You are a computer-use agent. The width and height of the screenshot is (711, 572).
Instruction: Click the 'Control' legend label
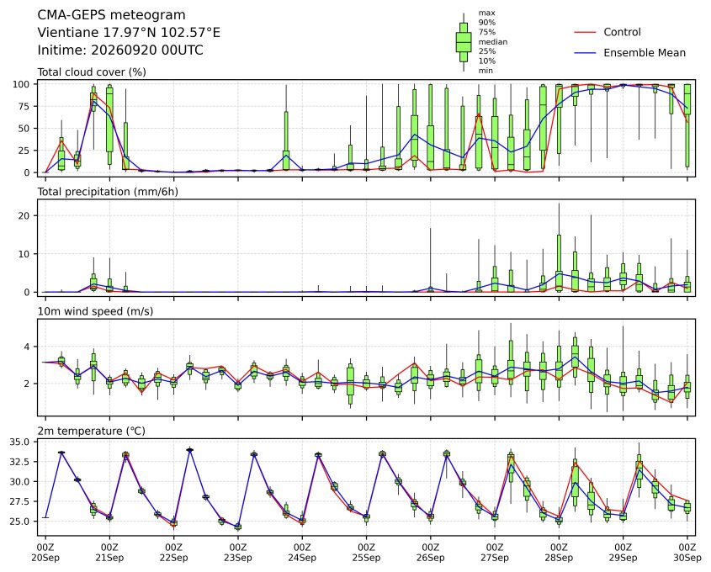pos(622,32)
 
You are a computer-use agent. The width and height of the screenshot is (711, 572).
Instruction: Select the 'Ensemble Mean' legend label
pos(645,53)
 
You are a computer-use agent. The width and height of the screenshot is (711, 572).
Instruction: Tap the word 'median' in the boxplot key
pos(493,42)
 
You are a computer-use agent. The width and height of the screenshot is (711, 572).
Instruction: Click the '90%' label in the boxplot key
pos(487,22)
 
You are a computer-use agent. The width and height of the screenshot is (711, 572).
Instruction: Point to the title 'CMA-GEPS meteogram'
pos(112,15)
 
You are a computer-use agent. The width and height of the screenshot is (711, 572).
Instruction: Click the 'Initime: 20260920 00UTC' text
pos(120,50)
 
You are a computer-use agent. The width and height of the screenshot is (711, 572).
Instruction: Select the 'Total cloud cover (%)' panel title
pos(92,72)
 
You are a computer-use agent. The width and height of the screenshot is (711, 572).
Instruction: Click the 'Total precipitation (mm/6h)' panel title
pos(108,192)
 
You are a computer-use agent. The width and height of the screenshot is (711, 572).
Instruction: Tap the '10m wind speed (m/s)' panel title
pos(95,311)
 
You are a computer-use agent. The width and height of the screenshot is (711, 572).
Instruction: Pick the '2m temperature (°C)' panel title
pos(91,431)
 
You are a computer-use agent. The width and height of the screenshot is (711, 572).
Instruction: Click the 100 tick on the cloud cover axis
pos(21,84)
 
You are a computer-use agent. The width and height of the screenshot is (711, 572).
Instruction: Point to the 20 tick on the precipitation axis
pos(24,215)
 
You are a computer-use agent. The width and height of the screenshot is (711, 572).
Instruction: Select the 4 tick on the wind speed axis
pos(27,347)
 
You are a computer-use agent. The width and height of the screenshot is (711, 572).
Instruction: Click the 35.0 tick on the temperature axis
pos(19,442)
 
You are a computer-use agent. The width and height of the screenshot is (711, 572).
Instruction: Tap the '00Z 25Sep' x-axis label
pos(366,553)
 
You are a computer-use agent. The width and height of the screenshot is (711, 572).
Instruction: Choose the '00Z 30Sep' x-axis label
pos(687,553)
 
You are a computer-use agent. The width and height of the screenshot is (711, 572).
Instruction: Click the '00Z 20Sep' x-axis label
pos(45,553)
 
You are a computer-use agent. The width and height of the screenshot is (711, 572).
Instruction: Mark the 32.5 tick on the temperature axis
pos(19,462)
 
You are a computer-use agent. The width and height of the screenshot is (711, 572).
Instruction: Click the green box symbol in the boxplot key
pos(464,42)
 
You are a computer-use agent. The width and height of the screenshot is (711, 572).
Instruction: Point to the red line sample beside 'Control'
pos(585,32)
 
